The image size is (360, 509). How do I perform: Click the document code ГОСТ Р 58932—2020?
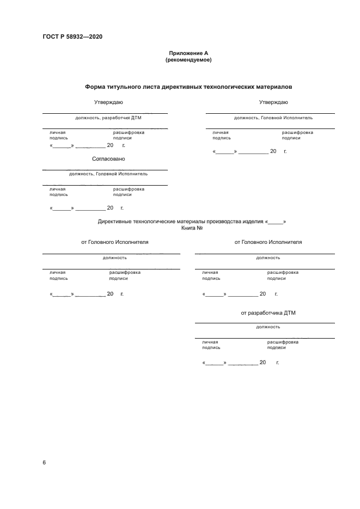pos(72,37)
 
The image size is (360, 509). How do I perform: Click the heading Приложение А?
pos(188,53)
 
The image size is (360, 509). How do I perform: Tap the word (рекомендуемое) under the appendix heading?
pos(188,60)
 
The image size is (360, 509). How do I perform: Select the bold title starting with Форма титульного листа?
pos(188,87)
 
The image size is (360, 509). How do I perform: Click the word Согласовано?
pos(108,159)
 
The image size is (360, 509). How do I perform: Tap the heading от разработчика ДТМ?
pos(268,313)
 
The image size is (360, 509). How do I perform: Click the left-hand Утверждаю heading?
pos(108,102)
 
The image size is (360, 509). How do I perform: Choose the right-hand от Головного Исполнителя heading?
pos(268,242)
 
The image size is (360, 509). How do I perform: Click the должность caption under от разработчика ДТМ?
pos(268,327)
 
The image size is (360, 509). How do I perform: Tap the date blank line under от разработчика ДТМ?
pos(240,363)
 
